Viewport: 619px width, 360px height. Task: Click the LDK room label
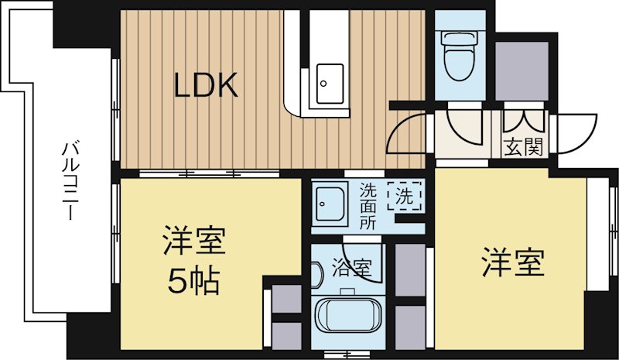coord(204,84)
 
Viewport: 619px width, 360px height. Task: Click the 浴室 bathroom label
coord(352,268)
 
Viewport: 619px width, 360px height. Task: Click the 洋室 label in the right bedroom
coord(513,263)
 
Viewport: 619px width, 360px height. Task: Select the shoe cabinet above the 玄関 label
coord(524,122)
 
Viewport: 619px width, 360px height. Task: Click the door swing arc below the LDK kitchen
coord(405,132)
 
